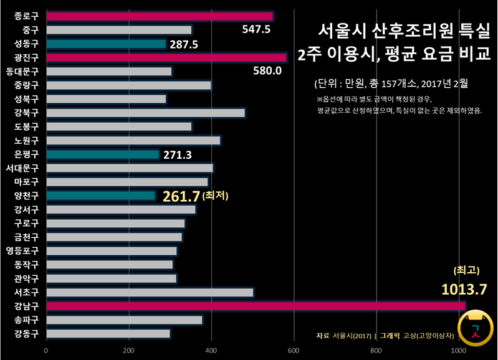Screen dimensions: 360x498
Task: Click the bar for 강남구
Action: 256,306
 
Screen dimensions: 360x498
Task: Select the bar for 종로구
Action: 160,16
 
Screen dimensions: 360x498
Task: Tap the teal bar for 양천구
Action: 100,196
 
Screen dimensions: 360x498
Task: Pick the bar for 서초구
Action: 150,292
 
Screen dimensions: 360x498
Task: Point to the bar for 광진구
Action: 166,57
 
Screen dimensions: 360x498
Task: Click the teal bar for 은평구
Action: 102,154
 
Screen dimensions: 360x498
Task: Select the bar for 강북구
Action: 145,113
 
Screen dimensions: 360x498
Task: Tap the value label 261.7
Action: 181,196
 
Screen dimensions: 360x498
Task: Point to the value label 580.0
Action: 267,70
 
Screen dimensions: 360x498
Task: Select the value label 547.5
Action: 256,29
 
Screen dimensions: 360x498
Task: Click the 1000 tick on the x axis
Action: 458,351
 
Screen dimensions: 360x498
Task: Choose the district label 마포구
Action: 26,182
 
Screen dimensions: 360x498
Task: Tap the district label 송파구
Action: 26,320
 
